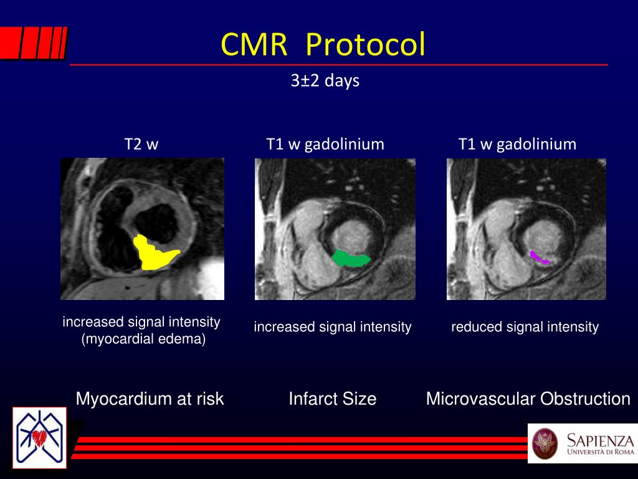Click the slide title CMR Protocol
click(x=323, y=45)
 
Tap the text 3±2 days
click(x=325, y=81)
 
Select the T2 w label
click(x=141, y=145)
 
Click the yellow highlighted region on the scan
click(x=153, y=253)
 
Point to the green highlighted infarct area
click(x=350, y=258)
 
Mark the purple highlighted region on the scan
click(x=539, y=257)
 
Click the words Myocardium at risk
click(x=150, y=399)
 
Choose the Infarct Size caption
click(x=332, y=399)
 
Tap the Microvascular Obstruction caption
click(x=528, y=399)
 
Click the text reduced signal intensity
click(x=525, y=327)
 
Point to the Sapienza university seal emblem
click(x=545, y=443)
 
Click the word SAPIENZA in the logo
click(x=599, y=438)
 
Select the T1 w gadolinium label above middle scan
click(x=325, y=145)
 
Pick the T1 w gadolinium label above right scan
click(x=517, y=145)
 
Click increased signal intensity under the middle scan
click(x=332, y=327)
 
